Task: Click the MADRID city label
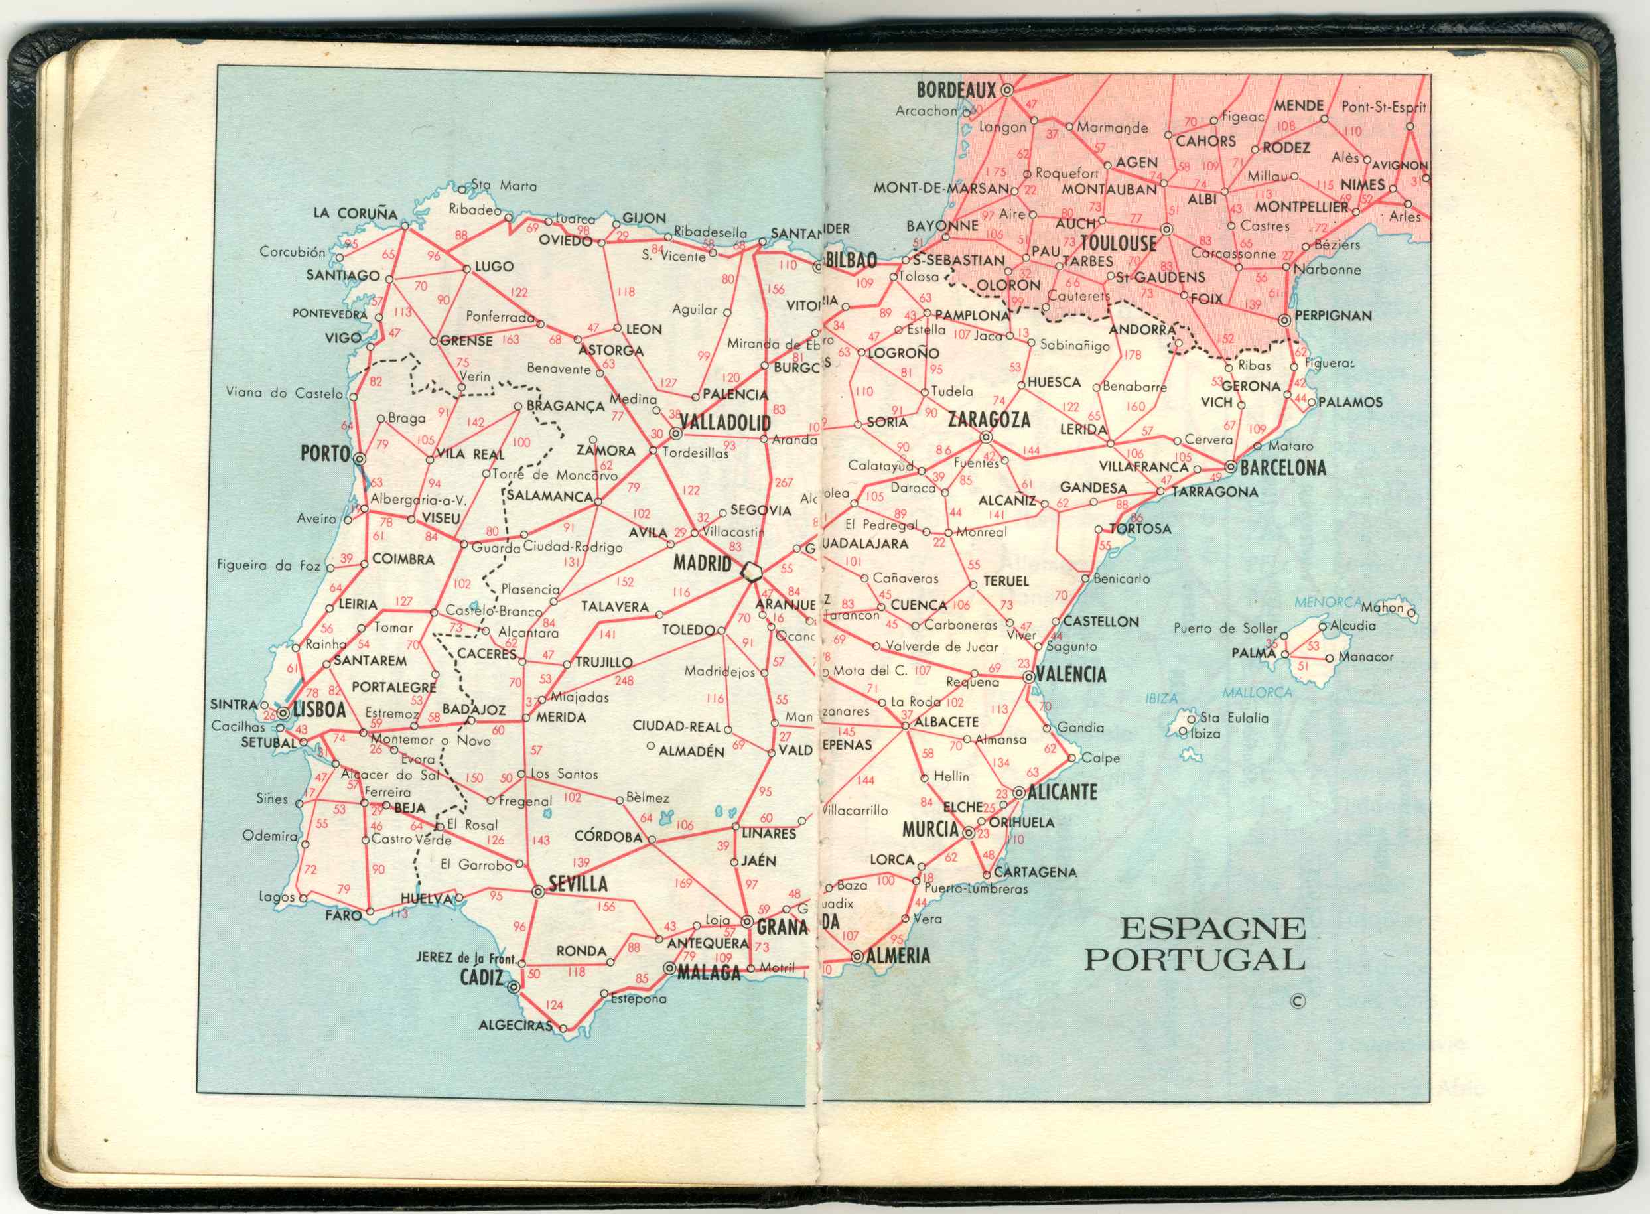(702, 564)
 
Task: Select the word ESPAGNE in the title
(1212, 929)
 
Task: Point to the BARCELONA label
(1282, 468)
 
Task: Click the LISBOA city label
(319, 710)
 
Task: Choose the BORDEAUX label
(955, 90)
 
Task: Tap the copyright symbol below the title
(1298, 1001)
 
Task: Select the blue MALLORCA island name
(1257, 692)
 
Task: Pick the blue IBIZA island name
(1161, 698)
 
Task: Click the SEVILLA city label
(579, 884)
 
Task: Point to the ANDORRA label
(1142, 330)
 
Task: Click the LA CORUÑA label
(355, 213)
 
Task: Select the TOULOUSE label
(1118, 243)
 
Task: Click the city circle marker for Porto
(360, 458)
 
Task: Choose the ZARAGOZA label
(989, 420)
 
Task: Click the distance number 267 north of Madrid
(784, 482)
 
